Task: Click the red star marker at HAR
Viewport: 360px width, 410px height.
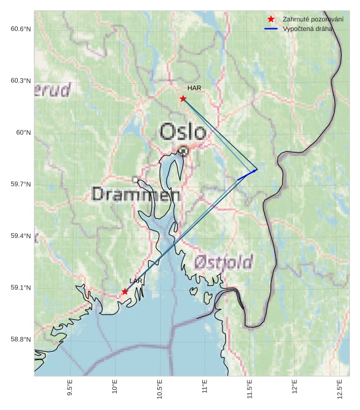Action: (183, 98)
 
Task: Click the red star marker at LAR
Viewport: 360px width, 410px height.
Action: (125, 291)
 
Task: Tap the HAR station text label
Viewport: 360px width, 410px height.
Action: (195, 88)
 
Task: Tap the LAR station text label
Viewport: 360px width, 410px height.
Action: (136, 281)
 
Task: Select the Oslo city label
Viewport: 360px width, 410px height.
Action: (183, 132)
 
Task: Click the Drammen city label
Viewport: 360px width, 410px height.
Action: (136, 194)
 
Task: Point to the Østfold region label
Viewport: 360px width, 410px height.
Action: (224, 262)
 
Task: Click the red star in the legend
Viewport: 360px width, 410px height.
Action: (271, 19)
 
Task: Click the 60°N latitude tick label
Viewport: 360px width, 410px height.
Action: (23, 132)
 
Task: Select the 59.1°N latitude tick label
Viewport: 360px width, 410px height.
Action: (21, 288)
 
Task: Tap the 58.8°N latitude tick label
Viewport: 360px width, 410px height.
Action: (21, 339)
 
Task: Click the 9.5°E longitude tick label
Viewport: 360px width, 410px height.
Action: (70, 389)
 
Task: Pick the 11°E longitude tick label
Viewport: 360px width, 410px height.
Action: (205, 389)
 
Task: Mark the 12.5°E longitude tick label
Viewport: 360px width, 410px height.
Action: (339, 389)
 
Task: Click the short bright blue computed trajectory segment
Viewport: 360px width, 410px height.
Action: (247, 174)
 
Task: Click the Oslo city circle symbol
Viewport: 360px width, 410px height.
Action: (184, 151)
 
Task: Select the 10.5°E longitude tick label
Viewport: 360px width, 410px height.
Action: (160, 389)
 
